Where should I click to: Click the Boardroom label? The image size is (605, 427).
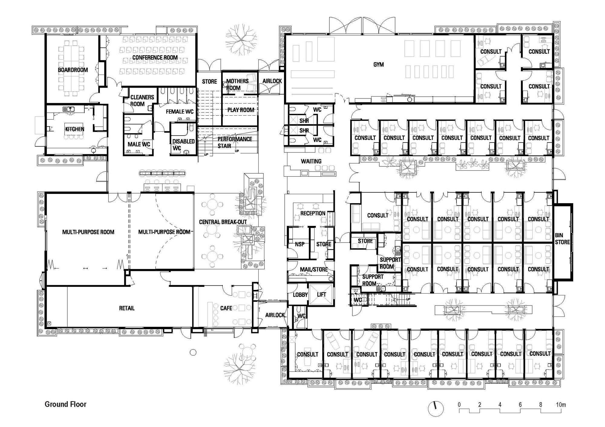coord(73,70)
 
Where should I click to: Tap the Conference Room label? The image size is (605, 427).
coord(155,57)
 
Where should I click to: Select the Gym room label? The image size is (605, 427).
coord(378,64)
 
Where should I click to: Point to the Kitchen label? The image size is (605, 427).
coord(75,129)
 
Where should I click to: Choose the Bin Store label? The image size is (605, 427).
coord(562,239)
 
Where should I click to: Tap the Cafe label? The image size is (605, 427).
coord(226,308)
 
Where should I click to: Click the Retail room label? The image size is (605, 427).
coord(127,308)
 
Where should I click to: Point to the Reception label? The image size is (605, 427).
coord(313,213)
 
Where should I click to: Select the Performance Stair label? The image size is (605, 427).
coord(235,143)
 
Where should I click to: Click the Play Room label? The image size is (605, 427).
coord(241,110)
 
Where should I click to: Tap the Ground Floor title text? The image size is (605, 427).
coord(66,404)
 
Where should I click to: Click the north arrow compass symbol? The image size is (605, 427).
coord(436,409)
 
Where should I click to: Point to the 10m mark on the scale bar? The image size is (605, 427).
coord(561,405)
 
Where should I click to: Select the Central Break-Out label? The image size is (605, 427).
coord(223,222)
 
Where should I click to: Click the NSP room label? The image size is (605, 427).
coord(300,244)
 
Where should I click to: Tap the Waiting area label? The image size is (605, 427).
coord(311,161)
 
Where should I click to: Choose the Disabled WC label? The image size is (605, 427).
coord(183,145)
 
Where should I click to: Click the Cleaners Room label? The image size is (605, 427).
coord(142,101)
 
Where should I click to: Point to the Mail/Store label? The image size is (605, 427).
coord(314,269)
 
